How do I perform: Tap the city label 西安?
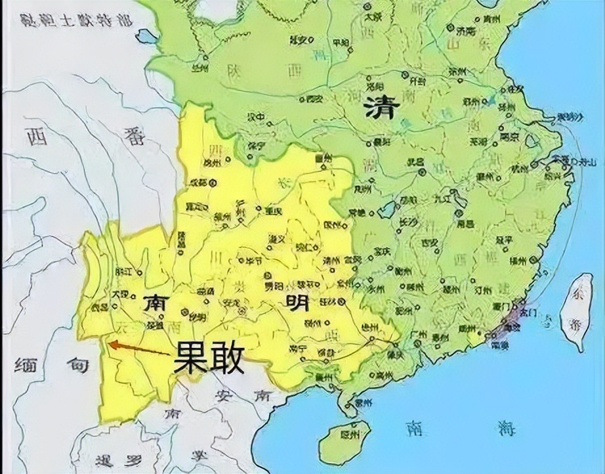tap(315, 99)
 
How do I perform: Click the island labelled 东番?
tap(577, 314)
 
